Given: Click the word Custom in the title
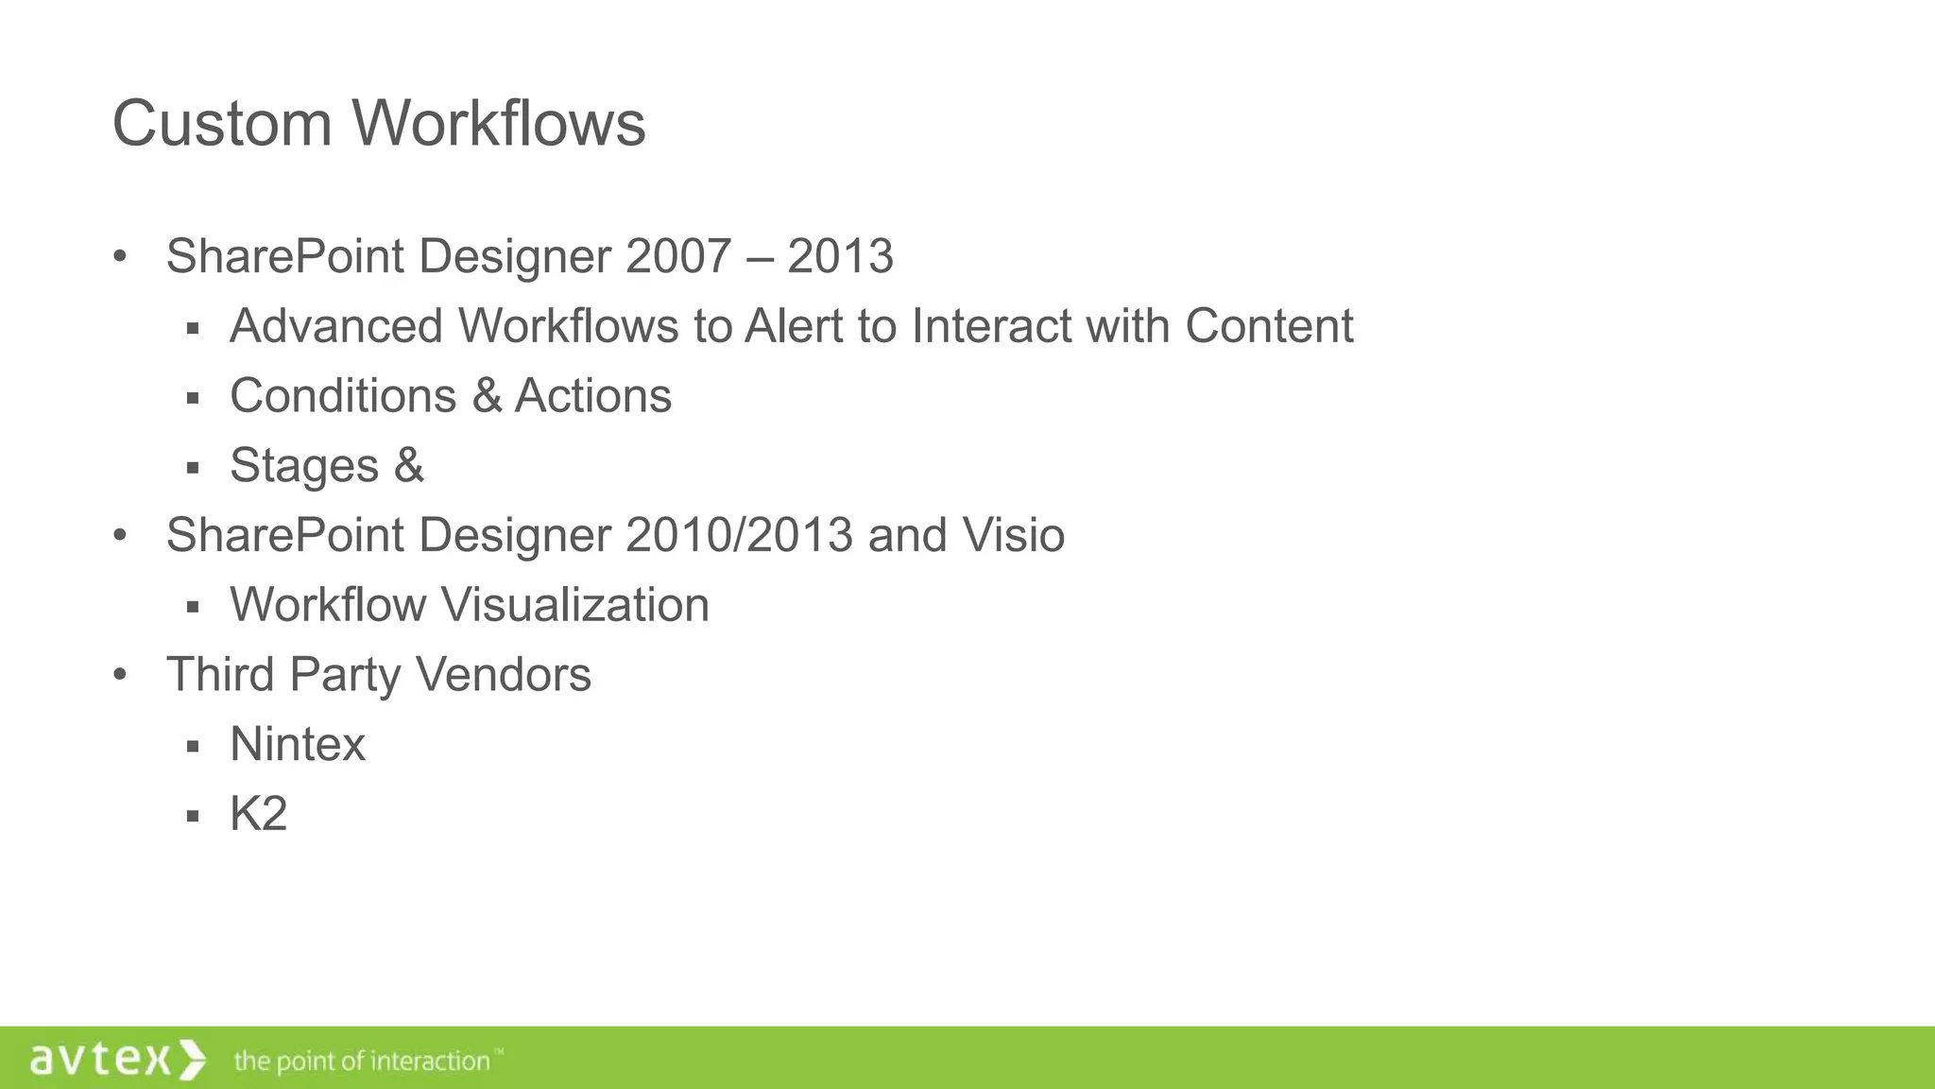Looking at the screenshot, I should [221, 124].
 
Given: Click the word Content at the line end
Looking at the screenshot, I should [1268, 326].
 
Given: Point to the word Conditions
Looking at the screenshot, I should [343, 396].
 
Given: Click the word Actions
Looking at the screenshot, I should [592, 396].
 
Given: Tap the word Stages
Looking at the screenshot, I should [304, 466].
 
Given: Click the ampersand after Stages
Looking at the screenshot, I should [409, 466].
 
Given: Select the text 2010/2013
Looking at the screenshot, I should [739, 535].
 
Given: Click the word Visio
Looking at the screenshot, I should [1013, 535].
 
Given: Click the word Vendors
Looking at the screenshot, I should [503, 675].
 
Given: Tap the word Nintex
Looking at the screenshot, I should [298, 745].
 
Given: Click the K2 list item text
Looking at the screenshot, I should [258, 814].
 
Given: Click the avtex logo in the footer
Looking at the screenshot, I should [117, 1059].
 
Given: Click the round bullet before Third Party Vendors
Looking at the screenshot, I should [119, 675].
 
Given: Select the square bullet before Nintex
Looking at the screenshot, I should [193, 747].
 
